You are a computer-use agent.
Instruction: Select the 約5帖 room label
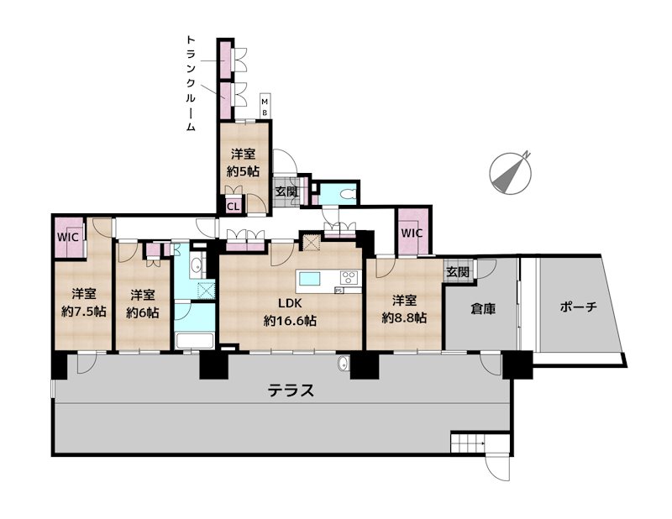coord(244,163)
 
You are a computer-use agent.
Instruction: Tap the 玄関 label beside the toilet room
coord(286,192)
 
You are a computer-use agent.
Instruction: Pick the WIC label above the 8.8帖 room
coord(412,233)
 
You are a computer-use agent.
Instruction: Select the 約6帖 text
coord(142,304)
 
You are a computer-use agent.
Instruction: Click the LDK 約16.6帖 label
coord(290,312)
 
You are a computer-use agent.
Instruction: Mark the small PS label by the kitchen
coord(339,291)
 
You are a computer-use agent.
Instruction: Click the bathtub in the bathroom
coord(194,340)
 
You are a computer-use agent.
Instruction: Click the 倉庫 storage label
coord(482,308)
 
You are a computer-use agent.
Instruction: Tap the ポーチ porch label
coord(578,307)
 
